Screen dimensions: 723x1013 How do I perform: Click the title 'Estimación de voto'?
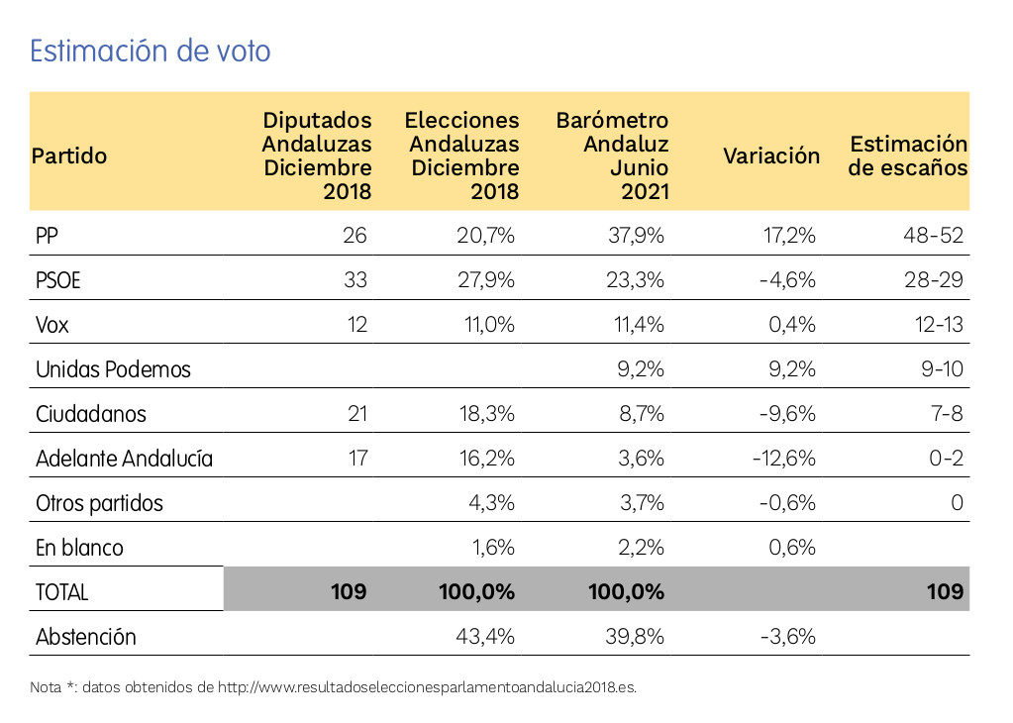click(151, 52)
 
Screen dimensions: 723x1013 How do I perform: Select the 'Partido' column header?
click(69, 155)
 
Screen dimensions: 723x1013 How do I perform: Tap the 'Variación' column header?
click(771, 155)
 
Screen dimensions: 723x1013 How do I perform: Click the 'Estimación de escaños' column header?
click(908, 155)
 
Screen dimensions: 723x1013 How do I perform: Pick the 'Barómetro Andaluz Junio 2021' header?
click(613, 155)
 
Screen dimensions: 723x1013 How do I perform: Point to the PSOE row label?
click(58, 280)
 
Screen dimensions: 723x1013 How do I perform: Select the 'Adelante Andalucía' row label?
click(124, 459)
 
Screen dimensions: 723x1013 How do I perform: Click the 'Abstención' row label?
click(85, 637)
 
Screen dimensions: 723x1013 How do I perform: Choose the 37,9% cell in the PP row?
click(636, 236)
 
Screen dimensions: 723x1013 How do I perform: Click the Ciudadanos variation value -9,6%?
click(787, 414)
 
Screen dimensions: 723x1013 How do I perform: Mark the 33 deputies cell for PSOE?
click(354, 280)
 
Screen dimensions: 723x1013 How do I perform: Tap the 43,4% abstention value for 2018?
click(485, 637)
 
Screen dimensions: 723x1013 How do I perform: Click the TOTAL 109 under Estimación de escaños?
click(945, 592)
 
